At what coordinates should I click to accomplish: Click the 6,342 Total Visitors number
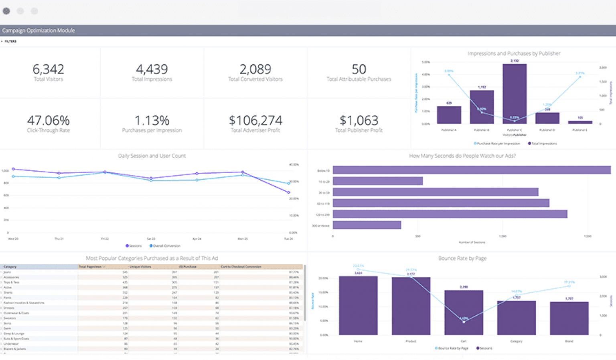(48, 69)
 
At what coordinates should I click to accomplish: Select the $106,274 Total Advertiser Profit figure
(255, 120)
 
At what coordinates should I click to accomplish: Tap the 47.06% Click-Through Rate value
(48, 120)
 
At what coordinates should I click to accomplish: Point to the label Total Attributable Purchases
(359, 79)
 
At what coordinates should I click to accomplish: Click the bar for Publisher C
(514, 94)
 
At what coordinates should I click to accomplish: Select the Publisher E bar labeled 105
(580, 122)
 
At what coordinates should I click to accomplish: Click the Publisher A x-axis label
(449, 130)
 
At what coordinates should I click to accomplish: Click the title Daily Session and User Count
(152, 156)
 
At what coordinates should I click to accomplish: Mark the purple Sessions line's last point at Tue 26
(289, 192)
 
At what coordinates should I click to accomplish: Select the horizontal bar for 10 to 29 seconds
(377, 181)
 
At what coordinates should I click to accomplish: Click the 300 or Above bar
(367, 225)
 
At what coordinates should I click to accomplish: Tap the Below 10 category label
(323, 171)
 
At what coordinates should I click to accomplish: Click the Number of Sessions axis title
(472, 243)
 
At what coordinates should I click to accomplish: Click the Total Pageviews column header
(90, 267)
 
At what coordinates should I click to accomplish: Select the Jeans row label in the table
(7, 272)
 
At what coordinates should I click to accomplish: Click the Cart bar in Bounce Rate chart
(464, 313)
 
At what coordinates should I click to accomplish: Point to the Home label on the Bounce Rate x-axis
(358, 341)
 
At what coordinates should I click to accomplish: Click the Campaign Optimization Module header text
(38, 30)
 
